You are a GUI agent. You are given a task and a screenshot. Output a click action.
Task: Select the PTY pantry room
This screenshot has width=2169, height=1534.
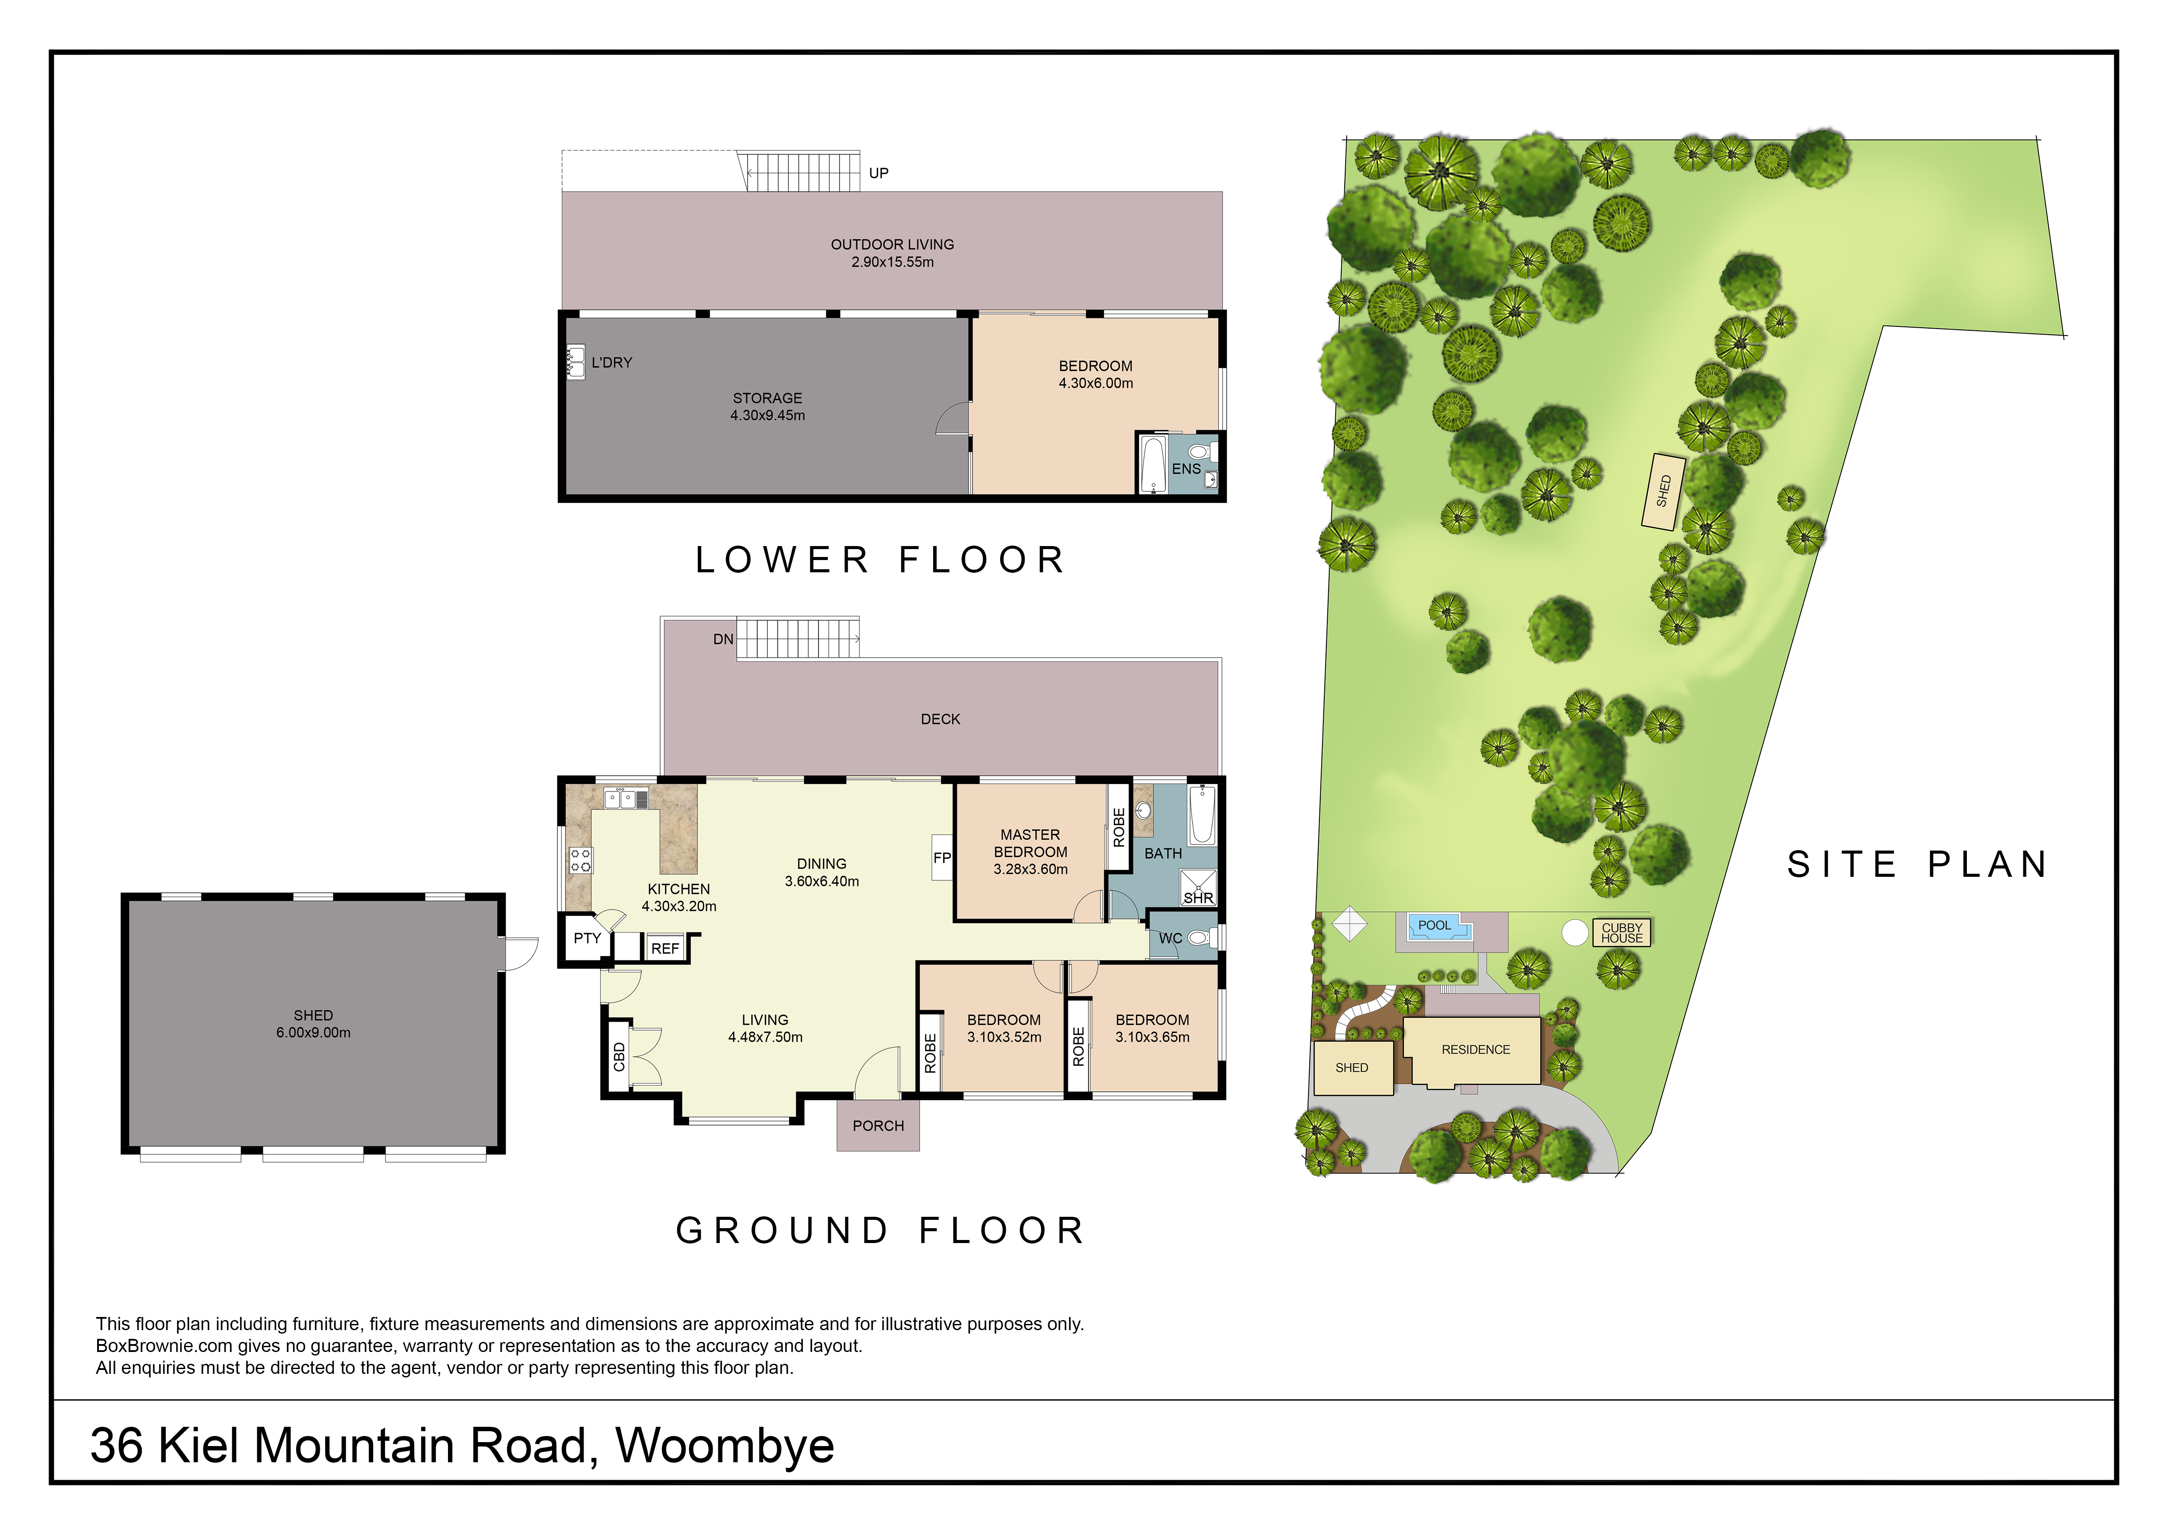tap(587, 939)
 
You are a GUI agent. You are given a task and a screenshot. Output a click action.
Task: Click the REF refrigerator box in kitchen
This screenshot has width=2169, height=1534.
tap(665, 949)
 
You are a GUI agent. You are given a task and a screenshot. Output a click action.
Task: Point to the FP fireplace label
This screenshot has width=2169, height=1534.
tap(942, 858)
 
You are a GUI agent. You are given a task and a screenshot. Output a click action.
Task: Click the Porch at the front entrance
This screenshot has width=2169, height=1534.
tap(878, 1126)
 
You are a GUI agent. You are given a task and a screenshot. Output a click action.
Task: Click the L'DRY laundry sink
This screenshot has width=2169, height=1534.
tap(575, 362)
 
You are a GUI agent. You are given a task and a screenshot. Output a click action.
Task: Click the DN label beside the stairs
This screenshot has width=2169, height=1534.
tap(723, 640)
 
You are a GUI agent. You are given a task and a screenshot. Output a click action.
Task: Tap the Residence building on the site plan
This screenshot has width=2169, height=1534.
tap(1475, 1051)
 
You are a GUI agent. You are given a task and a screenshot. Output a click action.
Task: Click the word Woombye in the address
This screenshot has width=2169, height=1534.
tap(724, 1446)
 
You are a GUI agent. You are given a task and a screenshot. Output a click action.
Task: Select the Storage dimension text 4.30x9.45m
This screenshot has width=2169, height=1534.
tap(767, 416)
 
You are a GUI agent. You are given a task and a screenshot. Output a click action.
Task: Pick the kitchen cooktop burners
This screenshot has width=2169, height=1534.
tap(580, 860)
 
